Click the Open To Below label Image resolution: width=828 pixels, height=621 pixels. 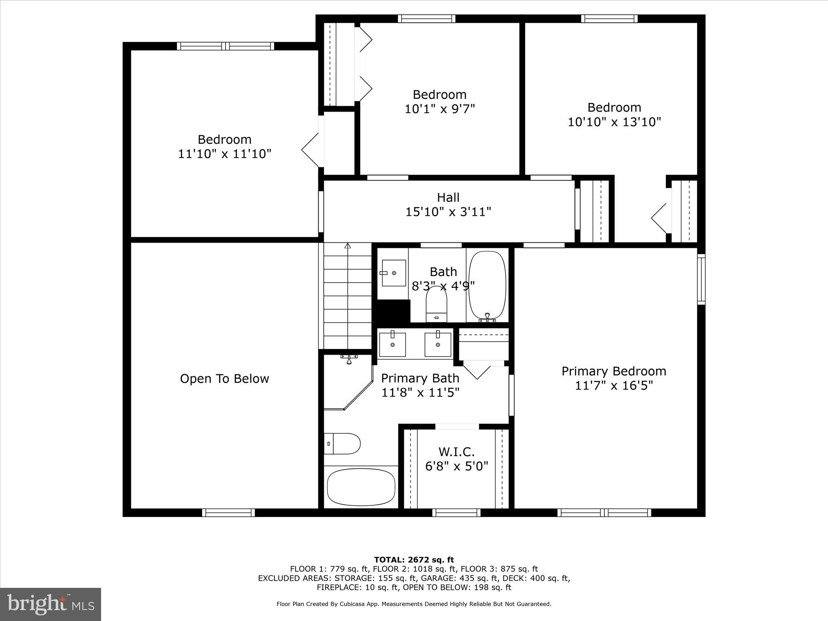tap(224, 379)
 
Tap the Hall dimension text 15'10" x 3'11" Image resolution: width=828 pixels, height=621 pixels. tap(448, 212)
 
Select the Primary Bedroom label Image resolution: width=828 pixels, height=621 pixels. tap(613, 371)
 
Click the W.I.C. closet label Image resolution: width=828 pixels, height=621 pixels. tap(456, 452)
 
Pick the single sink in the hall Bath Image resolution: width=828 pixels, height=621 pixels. tap(393, 273)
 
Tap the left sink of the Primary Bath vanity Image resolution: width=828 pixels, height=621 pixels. tap(392, 344)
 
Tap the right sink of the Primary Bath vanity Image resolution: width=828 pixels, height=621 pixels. tap(438, 344)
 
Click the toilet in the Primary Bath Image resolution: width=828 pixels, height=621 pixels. tap(342, 444)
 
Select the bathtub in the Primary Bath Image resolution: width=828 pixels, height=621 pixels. tap(361, 487)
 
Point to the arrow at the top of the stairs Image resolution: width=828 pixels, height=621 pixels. tap(348, 245)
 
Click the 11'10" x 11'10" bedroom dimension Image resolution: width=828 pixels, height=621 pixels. tap(224, 154)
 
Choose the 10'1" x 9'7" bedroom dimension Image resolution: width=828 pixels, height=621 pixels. tap(439, 109)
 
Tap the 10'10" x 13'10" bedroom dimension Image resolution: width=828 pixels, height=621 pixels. tap(614, 122)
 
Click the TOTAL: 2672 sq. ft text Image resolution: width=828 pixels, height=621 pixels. tap(414, 560)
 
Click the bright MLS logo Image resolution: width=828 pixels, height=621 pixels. tap(51, 604)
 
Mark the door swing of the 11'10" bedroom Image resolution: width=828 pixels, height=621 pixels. tap(310, 150)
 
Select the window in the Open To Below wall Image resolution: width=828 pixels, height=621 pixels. tap(228, 513)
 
